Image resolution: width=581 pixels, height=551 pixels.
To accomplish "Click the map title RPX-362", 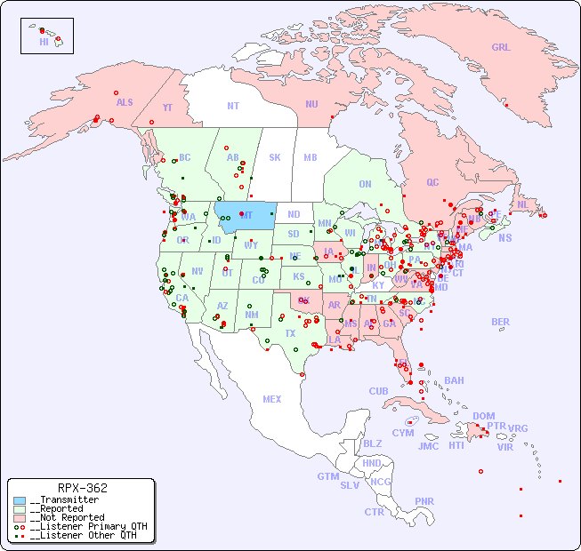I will (82, 488).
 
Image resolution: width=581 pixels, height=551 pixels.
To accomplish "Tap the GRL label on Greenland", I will (501, 48).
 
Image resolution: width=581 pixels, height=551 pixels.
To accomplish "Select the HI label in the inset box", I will (44, 42).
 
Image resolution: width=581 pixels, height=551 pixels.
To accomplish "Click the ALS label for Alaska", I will (125, 102).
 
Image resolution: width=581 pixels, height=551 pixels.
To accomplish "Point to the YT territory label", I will (167, 108).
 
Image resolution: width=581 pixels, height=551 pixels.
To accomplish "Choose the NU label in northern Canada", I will (311, 104).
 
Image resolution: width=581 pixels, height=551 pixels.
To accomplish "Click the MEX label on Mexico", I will (271, 399).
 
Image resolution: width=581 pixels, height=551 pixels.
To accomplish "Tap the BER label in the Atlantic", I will (500, 322).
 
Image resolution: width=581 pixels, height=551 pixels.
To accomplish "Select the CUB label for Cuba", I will (378, 391).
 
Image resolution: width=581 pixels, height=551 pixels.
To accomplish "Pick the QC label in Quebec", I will (432, 182).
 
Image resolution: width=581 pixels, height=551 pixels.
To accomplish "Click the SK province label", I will (275, 157).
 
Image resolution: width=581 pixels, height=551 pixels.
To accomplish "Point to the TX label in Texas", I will (290, 333).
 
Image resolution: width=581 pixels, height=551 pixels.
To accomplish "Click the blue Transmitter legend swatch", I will (20, 500).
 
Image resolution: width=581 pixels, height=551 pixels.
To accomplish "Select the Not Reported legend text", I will (67, 517).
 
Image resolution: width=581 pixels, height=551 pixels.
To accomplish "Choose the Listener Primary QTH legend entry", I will (79, 526).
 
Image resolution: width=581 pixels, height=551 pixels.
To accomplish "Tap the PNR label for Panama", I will (424, 501).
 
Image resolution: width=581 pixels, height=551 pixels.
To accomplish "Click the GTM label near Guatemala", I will (327, 476).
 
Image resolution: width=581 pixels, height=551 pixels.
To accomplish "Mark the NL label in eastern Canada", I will (522, 204).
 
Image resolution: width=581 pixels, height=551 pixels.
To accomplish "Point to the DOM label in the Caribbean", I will (483, 416).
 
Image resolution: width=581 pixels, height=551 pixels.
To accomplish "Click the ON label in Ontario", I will (365, 184).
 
